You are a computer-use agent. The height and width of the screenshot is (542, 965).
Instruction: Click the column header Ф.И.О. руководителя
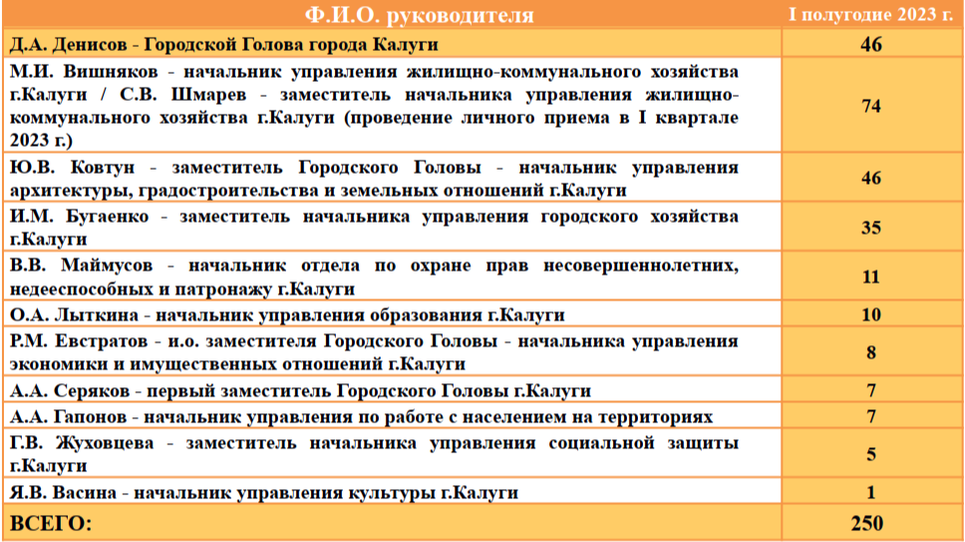(419, 15)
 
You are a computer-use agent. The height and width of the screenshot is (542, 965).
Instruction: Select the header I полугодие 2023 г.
(871, 14)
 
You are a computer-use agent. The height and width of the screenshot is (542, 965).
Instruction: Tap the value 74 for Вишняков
(871, 106)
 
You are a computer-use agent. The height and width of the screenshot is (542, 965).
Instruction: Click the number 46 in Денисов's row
(871, 44)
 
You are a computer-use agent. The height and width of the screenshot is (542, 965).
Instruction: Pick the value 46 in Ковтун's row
(871, 178)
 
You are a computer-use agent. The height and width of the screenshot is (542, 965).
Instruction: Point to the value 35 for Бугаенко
(871, 228)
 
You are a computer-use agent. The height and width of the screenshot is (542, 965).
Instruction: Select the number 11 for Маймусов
(871, 277)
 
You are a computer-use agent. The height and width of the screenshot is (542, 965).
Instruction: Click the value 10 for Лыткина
(871, 314)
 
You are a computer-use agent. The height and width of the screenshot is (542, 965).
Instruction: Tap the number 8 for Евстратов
(871, 352)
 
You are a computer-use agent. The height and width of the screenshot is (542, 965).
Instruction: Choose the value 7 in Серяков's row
(871, 390)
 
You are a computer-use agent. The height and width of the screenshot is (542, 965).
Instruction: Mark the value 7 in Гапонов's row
(871, 416)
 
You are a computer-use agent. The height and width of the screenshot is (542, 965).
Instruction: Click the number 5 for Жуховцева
(871, 454)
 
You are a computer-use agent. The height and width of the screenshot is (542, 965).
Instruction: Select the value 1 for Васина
(871, 493)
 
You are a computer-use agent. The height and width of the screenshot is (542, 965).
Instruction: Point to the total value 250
(867, 523)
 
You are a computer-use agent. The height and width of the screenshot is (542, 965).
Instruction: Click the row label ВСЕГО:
(51, 523)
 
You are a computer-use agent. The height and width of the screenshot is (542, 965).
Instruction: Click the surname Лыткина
(97, 314)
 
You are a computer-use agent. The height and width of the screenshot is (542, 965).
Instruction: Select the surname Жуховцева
(105, 443)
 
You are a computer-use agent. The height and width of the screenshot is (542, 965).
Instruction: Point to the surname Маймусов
(107, 266)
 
